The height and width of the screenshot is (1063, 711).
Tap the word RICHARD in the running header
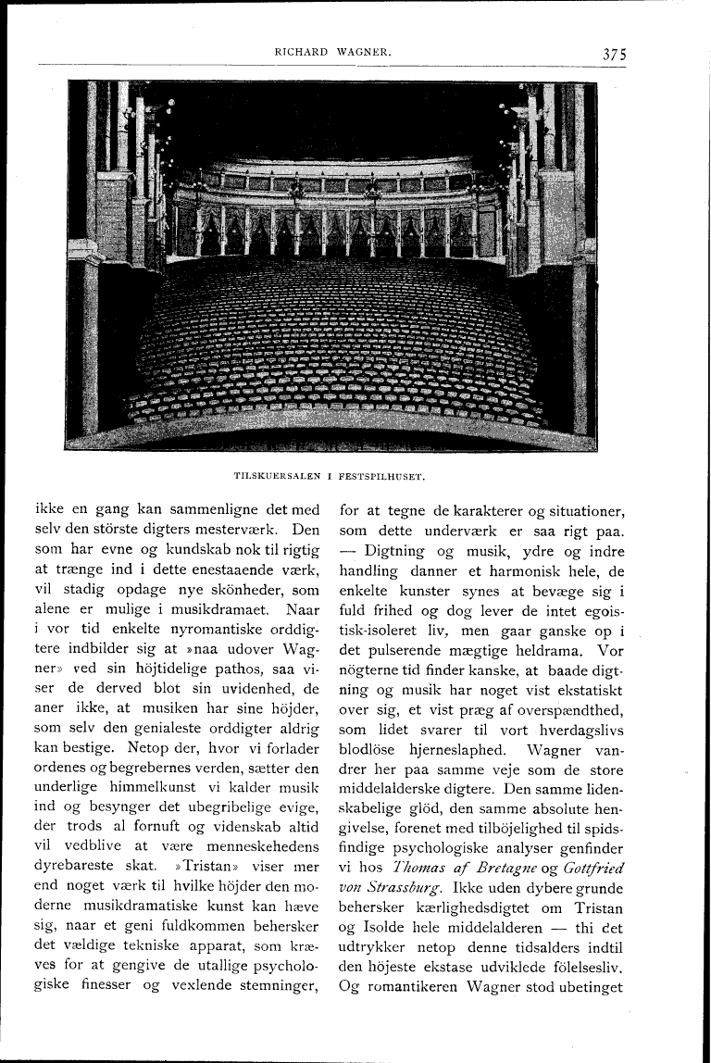(301, 53)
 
